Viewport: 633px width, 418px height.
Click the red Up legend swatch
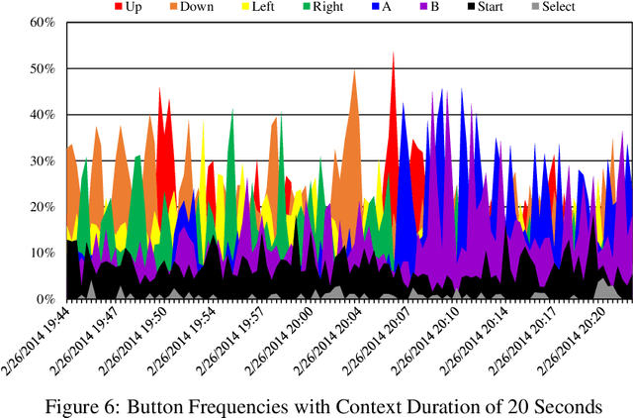click(x=120, y=7)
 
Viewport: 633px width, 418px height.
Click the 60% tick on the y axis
click(x=41, y=23)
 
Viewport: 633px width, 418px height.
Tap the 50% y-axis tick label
click(x=41, y=68)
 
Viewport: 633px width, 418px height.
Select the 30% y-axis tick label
click(x=41, y=160)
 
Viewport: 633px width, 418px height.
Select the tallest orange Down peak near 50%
click(x=354, y=70)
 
